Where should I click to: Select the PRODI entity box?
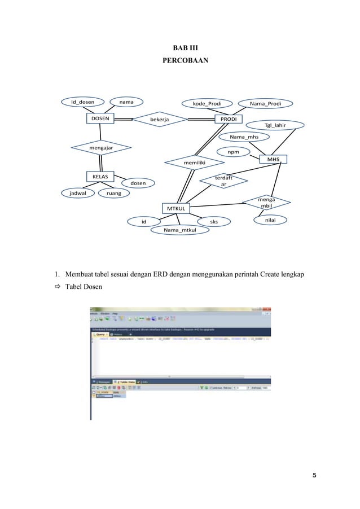click(229, 119)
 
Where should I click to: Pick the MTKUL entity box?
click(175, 209)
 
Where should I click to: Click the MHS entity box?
click(273, 160)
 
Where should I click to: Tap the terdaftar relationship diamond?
click(223, 181)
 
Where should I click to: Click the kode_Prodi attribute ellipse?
click(207, 103)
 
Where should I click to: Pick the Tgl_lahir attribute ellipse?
click(275, 125)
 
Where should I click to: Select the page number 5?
click(314, 475)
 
